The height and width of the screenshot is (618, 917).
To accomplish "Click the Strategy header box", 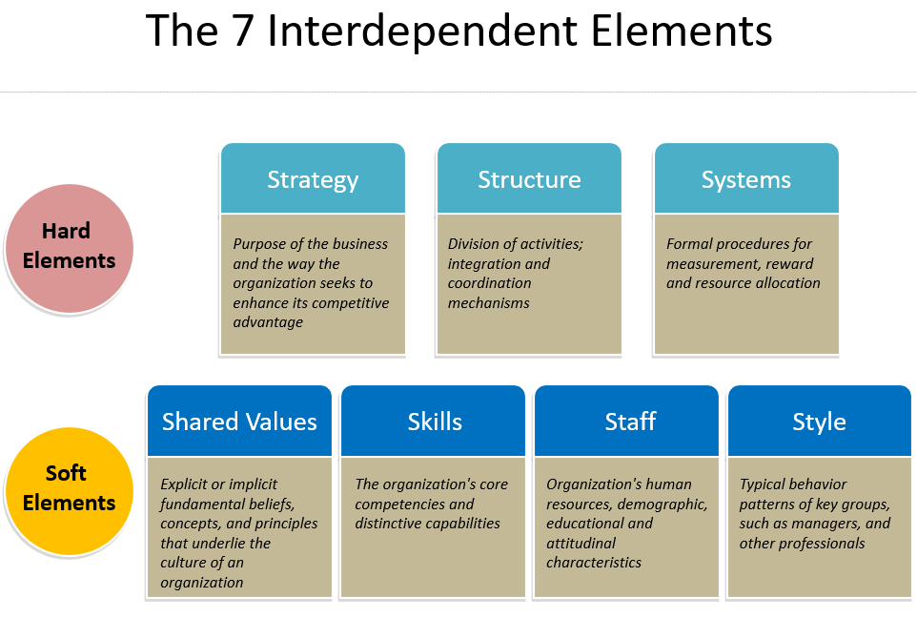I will pos(313,178).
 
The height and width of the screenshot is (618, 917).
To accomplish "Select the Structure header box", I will pos(529,178).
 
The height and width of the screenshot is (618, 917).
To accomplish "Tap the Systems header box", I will pos(746,178).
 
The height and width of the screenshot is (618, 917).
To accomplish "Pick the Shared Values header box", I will pos(239,421).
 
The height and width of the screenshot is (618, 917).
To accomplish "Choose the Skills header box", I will pos(434,421).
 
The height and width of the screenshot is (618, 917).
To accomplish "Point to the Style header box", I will pos(820,421).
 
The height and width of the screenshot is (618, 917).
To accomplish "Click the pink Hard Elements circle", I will pos(69,246).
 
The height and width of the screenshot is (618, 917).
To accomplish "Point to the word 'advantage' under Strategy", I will pos(268,322).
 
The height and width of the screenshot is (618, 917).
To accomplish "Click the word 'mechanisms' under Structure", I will pos(488,303).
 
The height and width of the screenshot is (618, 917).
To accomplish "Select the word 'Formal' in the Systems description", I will pos(688,244).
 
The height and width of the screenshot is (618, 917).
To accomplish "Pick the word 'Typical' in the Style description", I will pos(763,484).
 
